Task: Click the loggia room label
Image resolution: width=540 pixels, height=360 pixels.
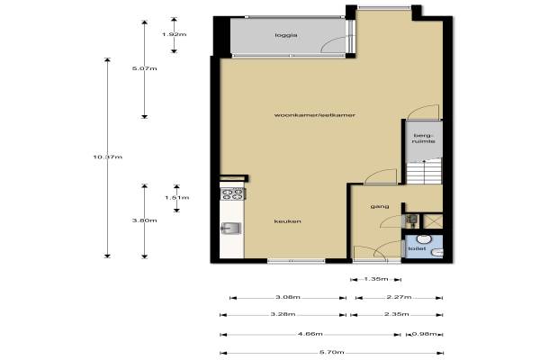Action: pos(286,35)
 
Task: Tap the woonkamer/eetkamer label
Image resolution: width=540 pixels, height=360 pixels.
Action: pos(314,115)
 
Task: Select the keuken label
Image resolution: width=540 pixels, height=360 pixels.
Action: pos(288,221)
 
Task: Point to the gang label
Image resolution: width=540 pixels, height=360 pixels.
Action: pos(380,206)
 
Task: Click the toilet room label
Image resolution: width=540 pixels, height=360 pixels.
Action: pos(417,248)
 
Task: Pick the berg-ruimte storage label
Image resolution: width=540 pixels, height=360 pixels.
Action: pos(424,138)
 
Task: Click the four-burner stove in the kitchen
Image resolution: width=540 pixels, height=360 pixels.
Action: pos(232,194)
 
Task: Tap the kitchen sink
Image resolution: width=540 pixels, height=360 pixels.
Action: pos(231,228)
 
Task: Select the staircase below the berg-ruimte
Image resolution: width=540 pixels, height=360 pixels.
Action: pos(424,171)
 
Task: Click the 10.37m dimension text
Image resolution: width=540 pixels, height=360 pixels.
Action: pos(107,157)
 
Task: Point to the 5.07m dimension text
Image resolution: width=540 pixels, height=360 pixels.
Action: pos(145,68)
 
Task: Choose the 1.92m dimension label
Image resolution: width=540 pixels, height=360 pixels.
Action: pos(175,34)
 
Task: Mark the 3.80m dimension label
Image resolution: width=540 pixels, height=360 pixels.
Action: pos(145,220)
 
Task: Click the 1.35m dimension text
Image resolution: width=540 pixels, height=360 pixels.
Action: pos(376,279)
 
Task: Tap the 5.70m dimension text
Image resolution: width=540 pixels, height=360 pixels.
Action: pos(331,352)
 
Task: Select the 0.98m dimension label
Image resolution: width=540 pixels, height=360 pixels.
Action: pos(424,334)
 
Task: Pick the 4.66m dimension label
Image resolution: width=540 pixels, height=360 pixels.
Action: pos(310,334)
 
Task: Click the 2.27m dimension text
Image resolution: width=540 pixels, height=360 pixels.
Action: pos(399,297)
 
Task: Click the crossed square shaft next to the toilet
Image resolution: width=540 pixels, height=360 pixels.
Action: pos(433,221)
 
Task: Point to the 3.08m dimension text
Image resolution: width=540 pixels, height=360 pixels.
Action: pos(288,297)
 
